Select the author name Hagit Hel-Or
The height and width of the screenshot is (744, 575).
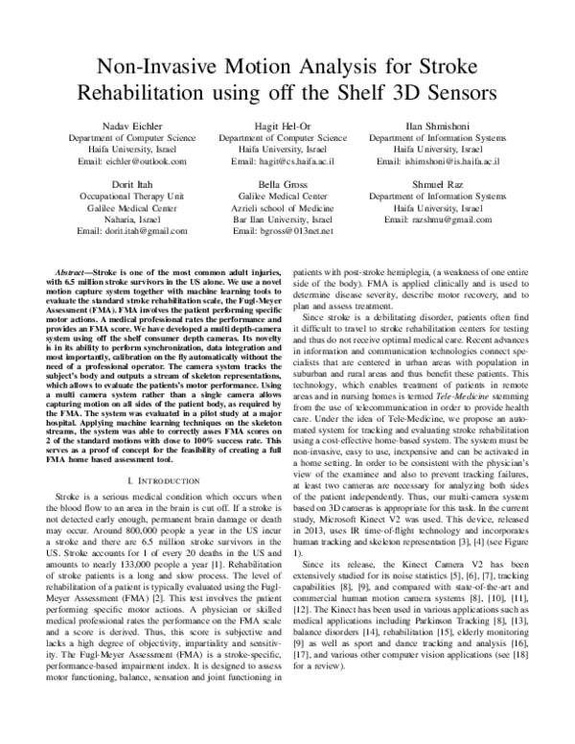coord(287,126)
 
